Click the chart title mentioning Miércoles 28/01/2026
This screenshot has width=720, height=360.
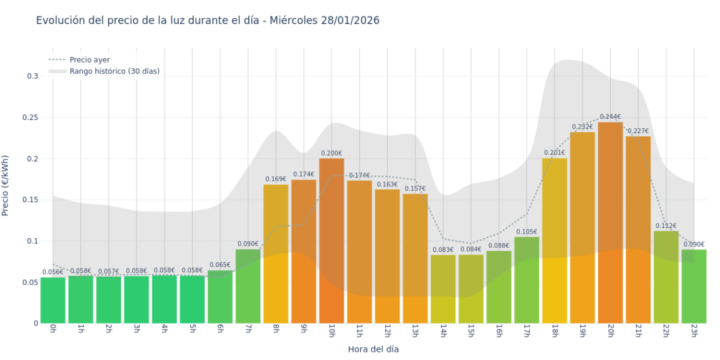[x=207, y=21]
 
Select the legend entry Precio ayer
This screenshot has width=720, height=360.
[x=89, y=60]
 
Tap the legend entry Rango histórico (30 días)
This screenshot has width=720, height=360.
[x=114, y=71]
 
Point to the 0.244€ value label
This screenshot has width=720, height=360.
[x=610, y=117]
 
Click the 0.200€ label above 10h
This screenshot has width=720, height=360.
[x=332, y=153]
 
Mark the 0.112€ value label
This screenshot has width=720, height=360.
[x=666, y=226]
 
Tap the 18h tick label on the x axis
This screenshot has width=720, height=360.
[x=555, y=332]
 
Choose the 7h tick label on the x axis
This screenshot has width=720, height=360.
[x=248, y=332]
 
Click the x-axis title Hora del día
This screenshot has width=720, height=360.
[x=373, y=349]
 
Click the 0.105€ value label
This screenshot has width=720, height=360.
[x=527, y=232]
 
